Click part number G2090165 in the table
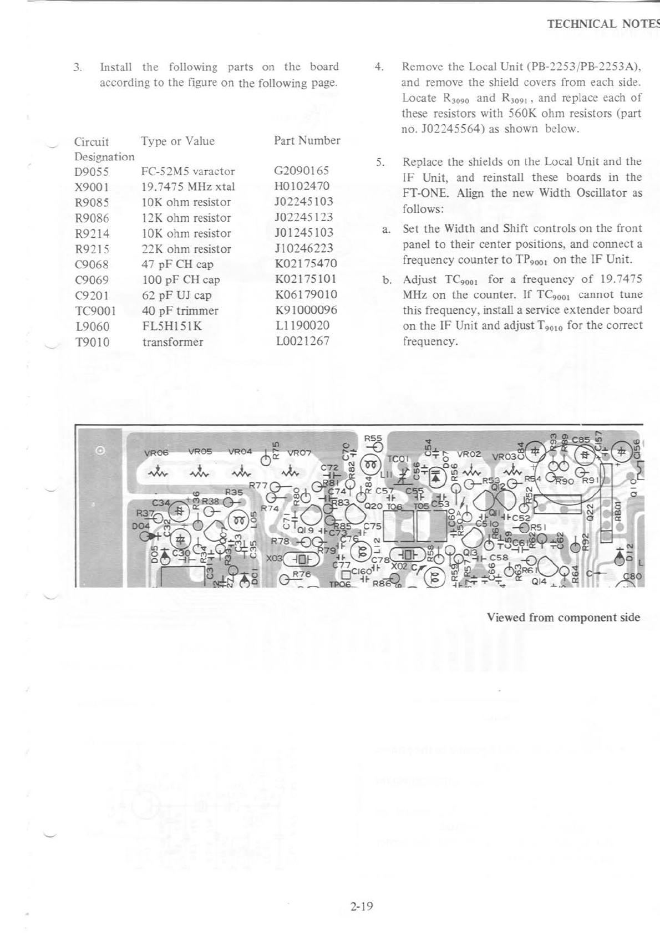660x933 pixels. coord(301,170)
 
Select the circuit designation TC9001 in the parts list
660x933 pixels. coord(95,311)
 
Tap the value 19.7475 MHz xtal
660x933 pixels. coord(188,187)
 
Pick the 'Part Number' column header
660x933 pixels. coord(307,141)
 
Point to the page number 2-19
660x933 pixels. coord(362,906)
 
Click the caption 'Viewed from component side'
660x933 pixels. coord(563,618)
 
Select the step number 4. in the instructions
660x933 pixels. coord(379,67)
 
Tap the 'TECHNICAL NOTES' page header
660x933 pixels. coord(602,24)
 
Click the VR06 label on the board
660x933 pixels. coord(156,452)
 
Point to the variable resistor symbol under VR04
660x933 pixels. coord(240,473)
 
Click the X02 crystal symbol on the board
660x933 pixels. coord(407,554)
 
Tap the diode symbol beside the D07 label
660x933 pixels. coord(437,476)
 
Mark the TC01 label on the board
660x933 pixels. coord(398,459)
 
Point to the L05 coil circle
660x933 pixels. coord(240,521)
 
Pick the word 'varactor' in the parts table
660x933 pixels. coord(214,171)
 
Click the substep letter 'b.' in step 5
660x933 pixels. coord(387,279)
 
